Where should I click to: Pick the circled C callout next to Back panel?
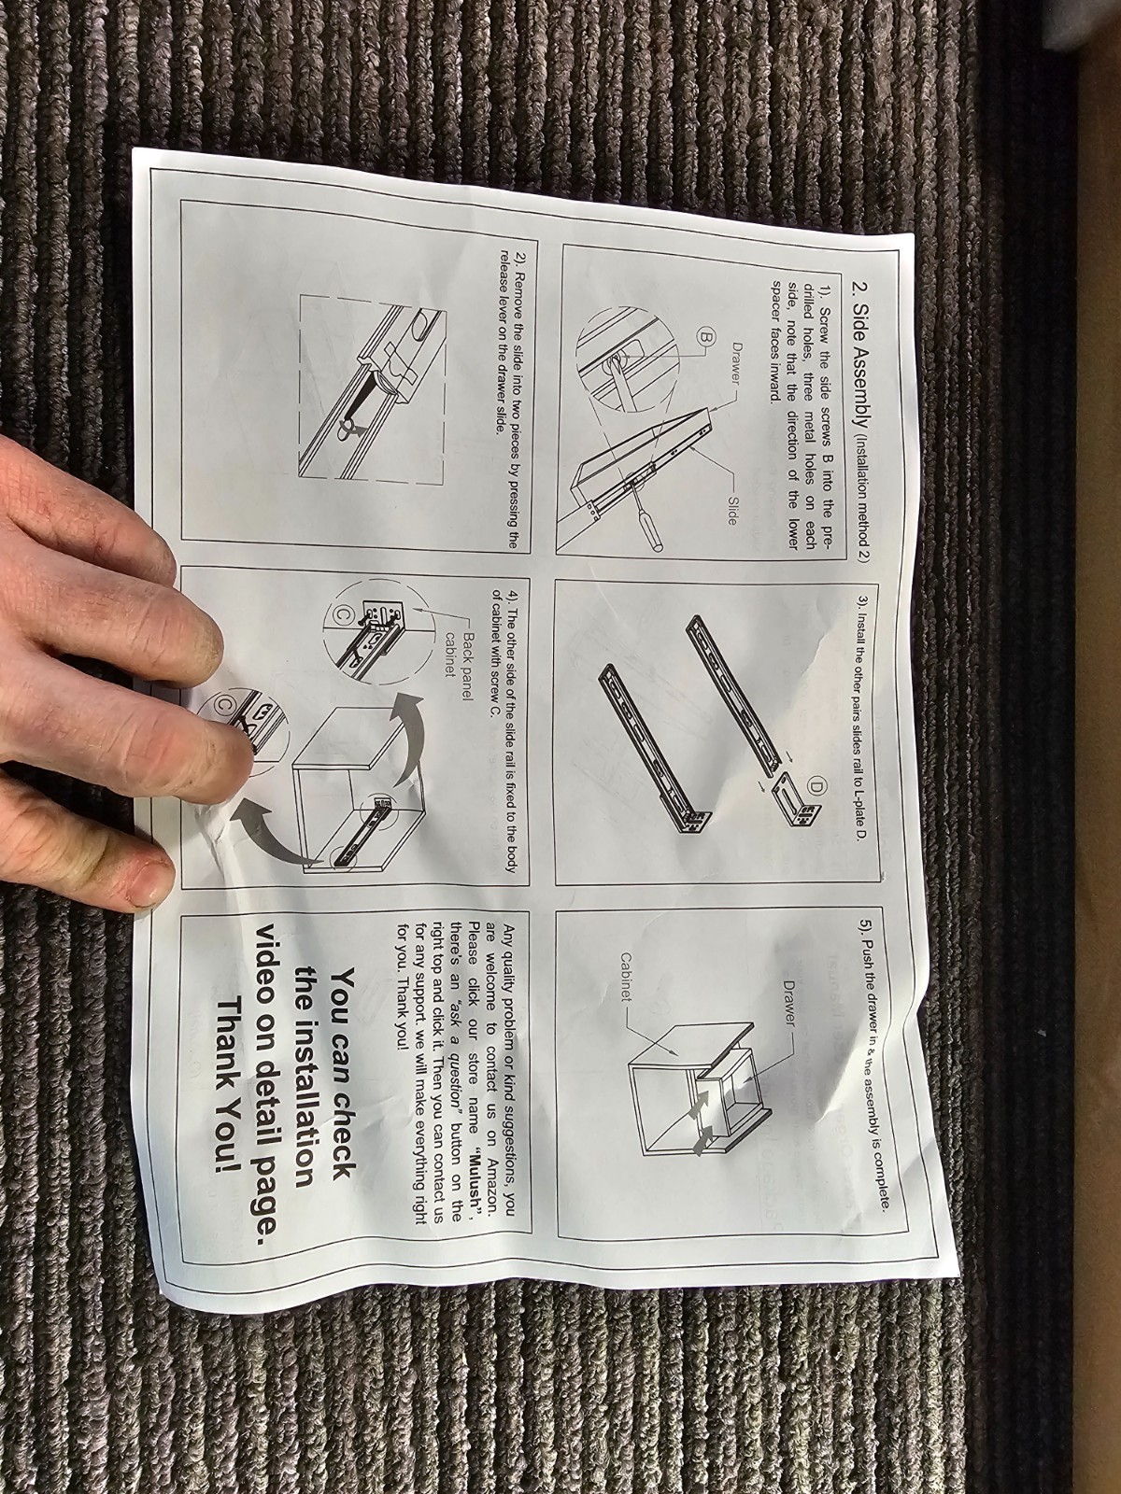coord(342,613)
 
